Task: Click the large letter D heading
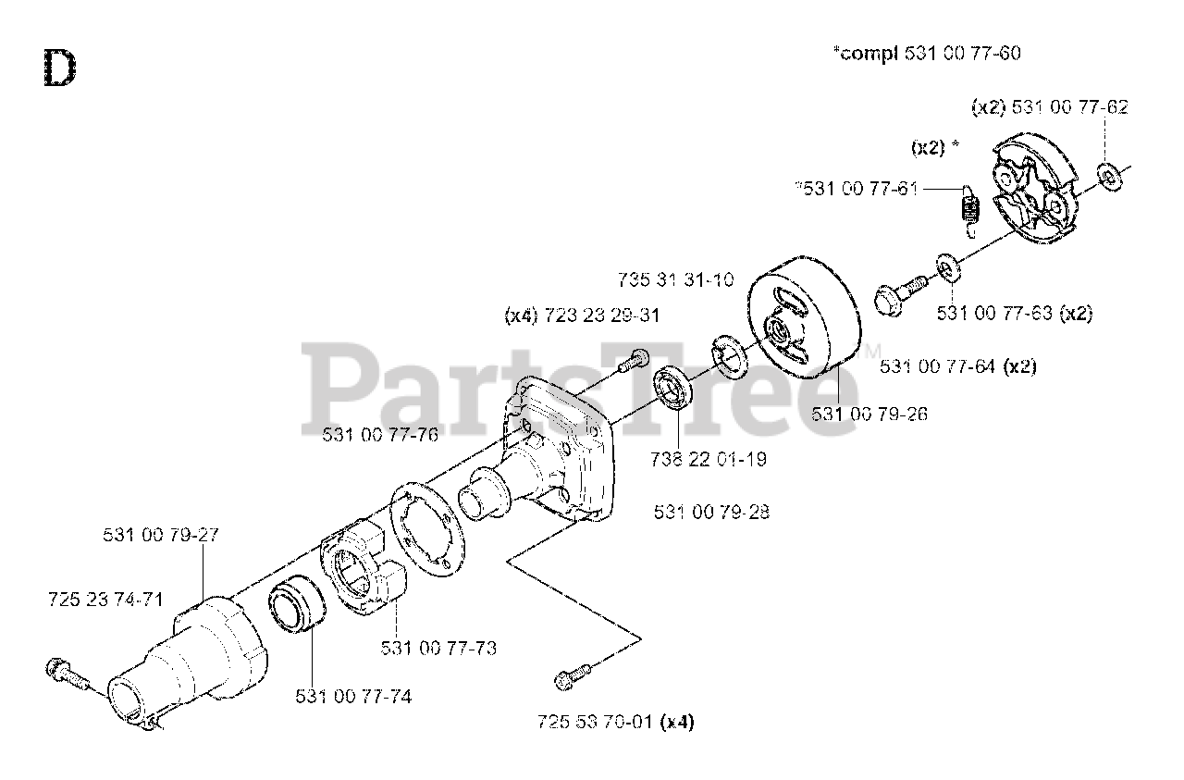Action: [x=58, y=68]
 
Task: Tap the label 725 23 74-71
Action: [x=105, y=600]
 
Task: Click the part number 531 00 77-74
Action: [x=353, y=696]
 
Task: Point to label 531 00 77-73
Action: [x=438, y=649]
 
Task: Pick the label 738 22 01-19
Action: [x=709, y=458]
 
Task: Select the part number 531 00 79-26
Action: [x=869, y=414]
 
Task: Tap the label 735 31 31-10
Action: [x=675, y=279]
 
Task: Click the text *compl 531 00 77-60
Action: [x=927, y=54]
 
